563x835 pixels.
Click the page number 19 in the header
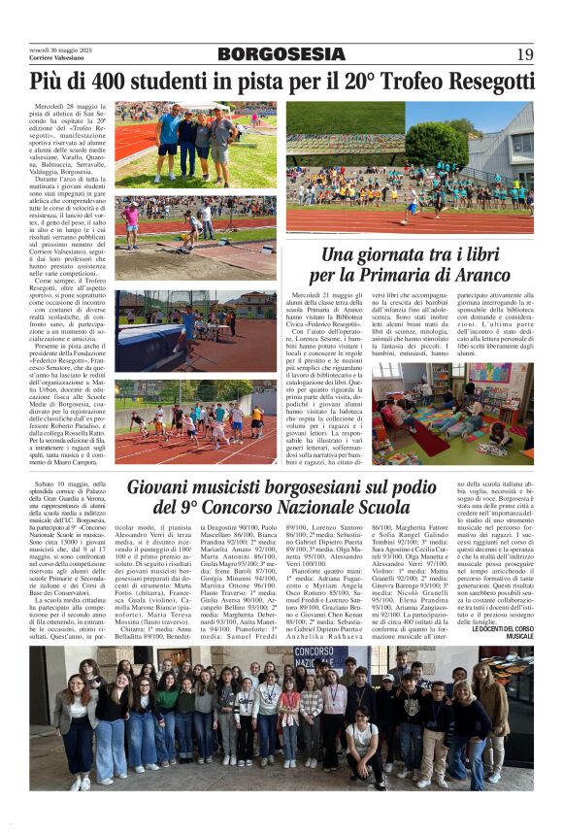525,54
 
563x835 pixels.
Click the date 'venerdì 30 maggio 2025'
60,49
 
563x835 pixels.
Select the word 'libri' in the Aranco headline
482,254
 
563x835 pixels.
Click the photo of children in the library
453,411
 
